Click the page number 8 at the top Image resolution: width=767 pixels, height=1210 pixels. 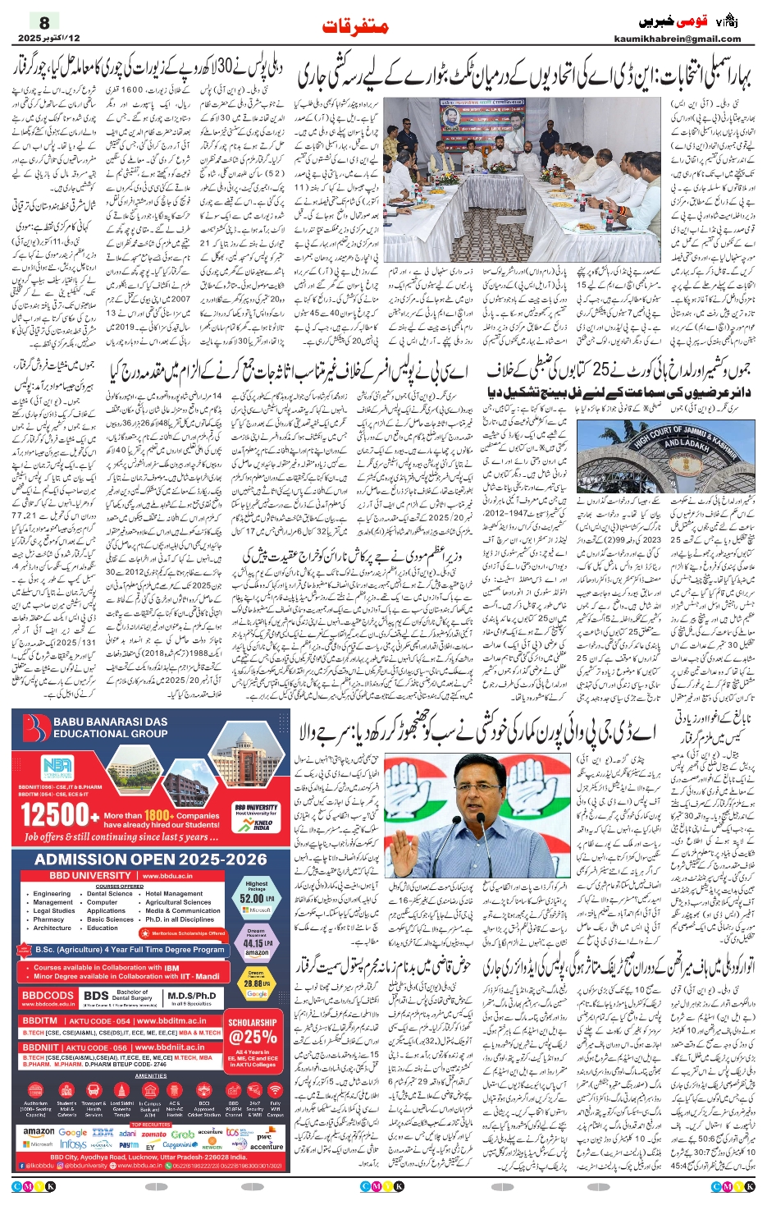tap(44, 22)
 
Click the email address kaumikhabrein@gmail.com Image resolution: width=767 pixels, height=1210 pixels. tap(677, 39)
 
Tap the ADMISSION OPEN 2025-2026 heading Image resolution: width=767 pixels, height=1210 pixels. tap(151, 859)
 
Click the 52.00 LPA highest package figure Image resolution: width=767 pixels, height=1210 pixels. tap(256, 898)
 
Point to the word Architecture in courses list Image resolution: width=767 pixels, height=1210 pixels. tap(53, 928)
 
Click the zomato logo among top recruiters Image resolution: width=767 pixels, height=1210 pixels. tap(153, 1134)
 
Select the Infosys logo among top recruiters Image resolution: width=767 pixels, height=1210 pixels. tap(73, 1144)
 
